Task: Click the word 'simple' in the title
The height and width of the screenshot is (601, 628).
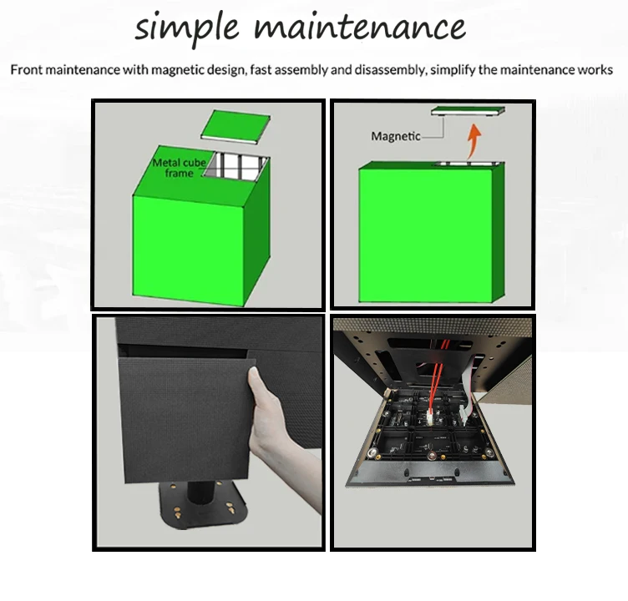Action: (186, 28)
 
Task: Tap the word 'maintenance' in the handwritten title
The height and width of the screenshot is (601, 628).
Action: (360, 27)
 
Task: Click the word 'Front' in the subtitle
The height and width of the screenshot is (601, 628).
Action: (26, 69)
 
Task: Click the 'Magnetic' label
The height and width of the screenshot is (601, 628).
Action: (396, 137)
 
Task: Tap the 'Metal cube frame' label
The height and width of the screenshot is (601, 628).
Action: (179, 168)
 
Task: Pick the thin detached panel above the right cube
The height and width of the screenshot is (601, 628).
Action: (468, 110)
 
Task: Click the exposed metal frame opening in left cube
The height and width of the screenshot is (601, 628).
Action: (236, 165)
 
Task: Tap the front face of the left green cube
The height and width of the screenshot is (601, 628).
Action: (188, 251)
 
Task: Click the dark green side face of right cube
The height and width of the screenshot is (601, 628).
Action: (499, 232)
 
